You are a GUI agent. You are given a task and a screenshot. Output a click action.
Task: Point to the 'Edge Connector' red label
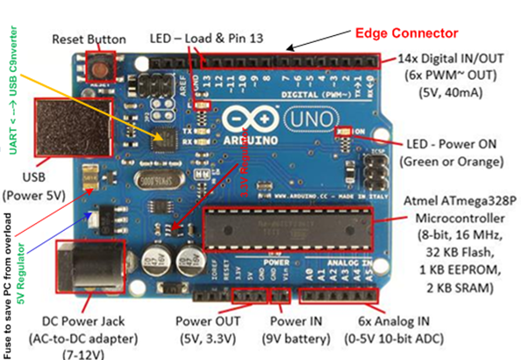(x=406, y=33)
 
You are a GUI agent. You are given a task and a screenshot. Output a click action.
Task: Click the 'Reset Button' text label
(x=89, y=40)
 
